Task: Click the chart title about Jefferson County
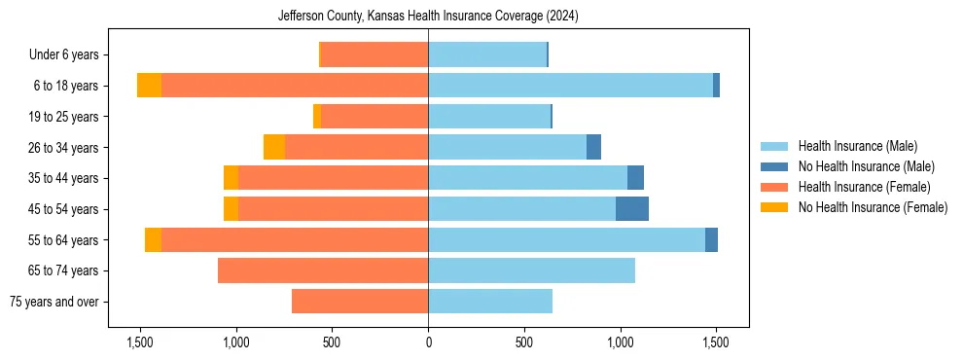click(428, 17)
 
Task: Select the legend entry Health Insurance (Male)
click(857, 146)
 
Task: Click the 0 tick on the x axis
click(428, 342)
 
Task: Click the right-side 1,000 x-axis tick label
click(620, 342)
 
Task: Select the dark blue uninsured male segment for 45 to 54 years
click(632, 209)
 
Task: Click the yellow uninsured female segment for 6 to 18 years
click(149, 86)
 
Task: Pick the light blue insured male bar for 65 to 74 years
click(531, 270)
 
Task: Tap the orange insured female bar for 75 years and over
click(360, 302)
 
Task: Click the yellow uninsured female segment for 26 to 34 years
click(274, 147)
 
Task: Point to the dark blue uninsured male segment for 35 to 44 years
click(635, 178)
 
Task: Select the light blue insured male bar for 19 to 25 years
click(489, 117)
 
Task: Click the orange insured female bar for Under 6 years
click(374, 55)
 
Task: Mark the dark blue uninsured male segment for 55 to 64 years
click(711, 239)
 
